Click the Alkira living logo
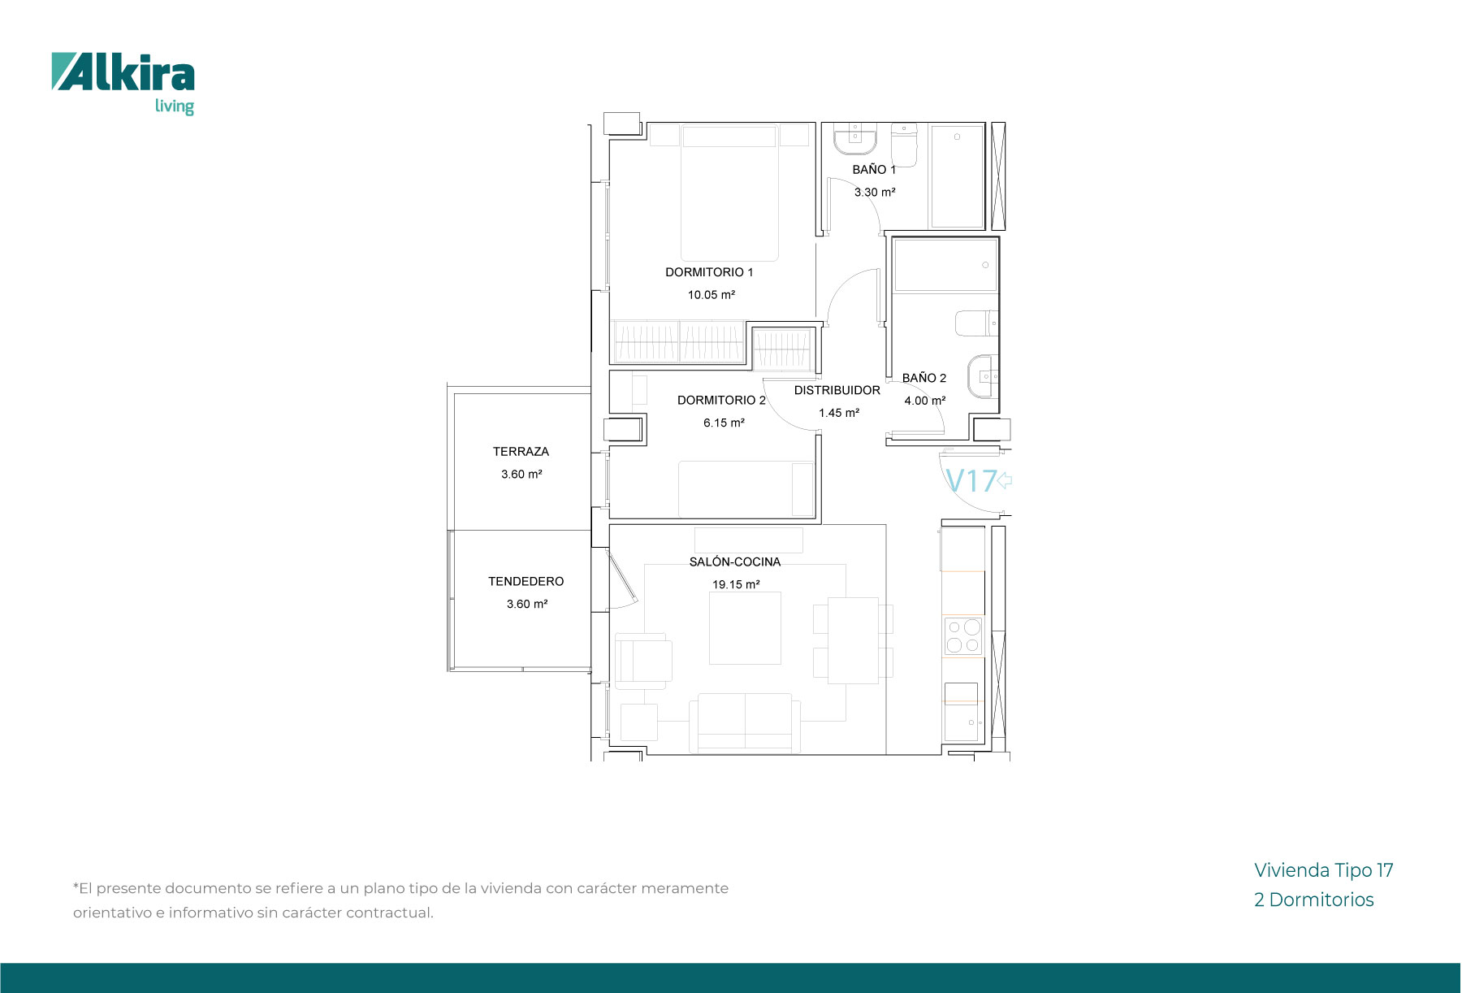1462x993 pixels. point(123,84)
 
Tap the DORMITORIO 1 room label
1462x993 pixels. point(709,272)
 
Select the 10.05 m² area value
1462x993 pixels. point(712,295)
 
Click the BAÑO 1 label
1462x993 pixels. point(874,170)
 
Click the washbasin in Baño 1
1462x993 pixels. point(855,139)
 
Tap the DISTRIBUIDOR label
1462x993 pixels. point(837,390)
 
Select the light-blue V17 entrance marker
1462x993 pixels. point(971,481)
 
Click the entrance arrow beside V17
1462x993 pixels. point(1005,480)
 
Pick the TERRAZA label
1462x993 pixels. point(521,452)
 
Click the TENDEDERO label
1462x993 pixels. point(526,582)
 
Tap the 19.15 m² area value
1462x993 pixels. point(736,584)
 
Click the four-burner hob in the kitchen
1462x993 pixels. point(963,636)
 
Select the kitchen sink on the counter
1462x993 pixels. point(963,712)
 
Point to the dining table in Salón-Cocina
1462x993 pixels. point(853,640)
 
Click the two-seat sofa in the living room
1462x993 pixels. point(745,722)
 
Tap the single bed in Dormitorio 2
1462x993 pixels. point(746,489)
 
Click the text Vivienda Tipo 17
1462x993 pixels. point(1324,870)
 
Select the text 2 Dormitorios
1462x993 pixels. point(1314,900)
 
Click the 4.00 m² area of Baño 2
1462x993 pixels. point(925,401)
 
